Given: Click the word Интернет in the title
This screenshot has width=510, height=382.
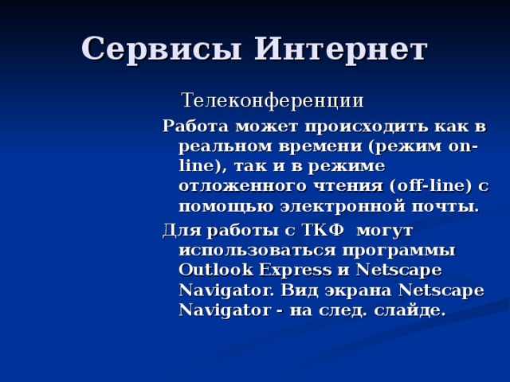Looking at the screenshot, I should pos(340,49).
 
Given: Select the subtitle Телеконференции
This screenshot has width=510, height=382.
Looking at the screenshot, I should pos(273,101).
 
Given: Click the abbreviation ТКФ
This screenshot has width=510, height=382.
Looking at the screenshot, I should pos(322,231).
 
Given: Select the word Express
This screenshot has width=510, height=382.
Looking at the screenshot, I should pos(302,270).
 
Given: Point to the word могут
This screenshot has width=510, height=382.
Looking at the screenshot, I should pos(386,231).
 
